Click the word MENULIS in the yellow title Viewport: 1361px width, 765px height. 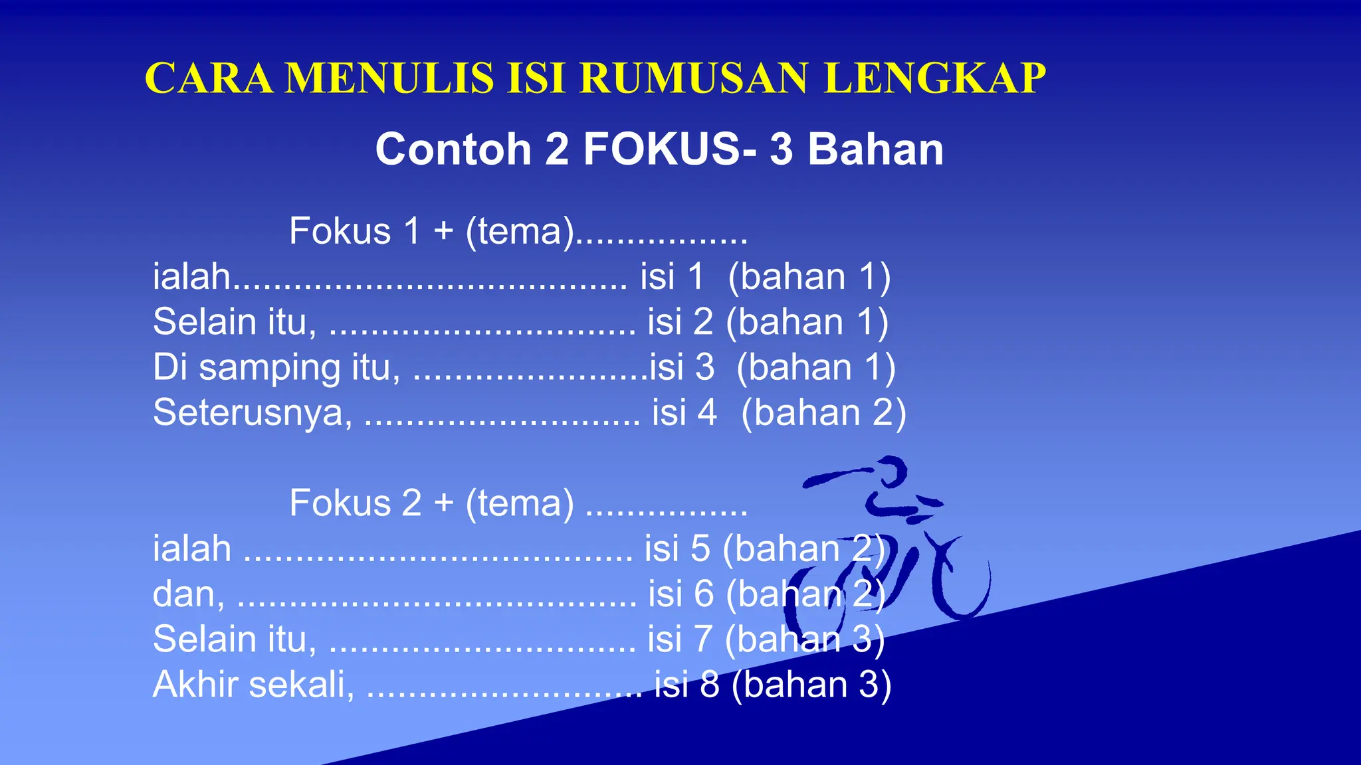390,78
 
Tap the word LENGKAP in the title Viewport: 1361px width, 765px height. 934,78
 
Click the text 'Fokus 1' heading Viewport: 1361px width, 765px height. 355,232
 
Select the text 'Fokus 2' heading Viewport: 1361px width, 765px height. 355,503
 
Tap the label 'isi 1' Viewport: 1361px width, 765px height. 672,277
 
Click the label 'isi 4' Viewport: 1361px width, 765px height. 684,412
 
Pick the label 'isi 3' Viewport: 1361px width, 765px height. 682,367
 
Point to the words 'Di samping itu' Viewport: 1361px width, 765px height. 276,367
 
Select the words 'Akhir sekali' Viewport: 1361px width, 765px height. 253,684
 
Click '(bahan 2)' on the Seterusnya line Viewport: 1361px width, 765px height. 823,412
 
